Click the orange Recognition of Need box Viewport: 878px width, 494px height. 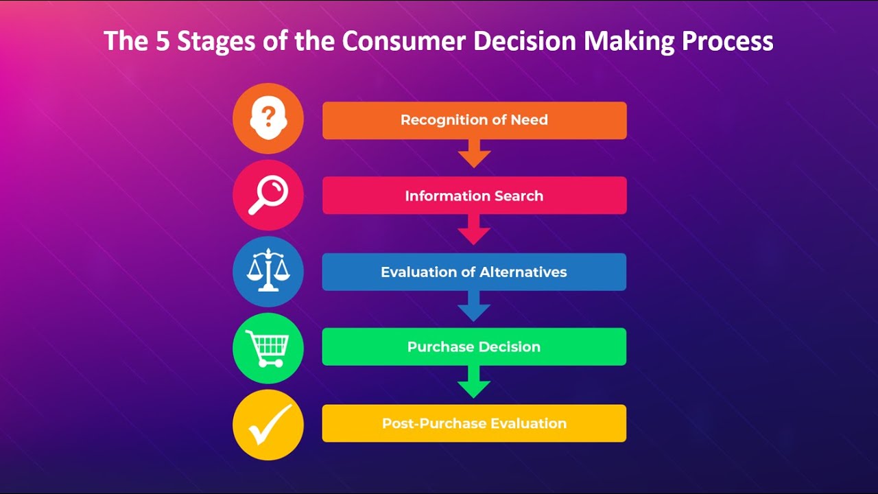474,120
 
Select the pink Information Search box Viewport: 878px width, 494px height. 474,196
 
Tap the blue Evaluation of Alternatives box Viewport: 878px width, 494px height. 474,272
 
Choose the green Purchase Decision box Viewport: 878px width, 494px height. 474,346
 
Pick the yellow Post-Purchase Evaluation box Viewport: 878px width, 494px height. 474,423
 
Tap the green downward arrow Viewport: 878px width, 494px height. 474,381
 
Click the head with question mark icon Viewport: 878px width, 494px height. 268,119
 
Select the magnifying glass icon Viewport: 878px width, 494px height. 268,195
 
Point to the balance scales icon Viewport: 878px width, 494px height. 268,271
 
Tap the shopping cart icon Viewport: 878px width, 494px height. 268,348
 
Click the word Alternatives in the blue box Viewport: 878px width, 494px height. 523,272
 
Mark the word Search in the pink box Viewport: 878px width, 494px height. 520,196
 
